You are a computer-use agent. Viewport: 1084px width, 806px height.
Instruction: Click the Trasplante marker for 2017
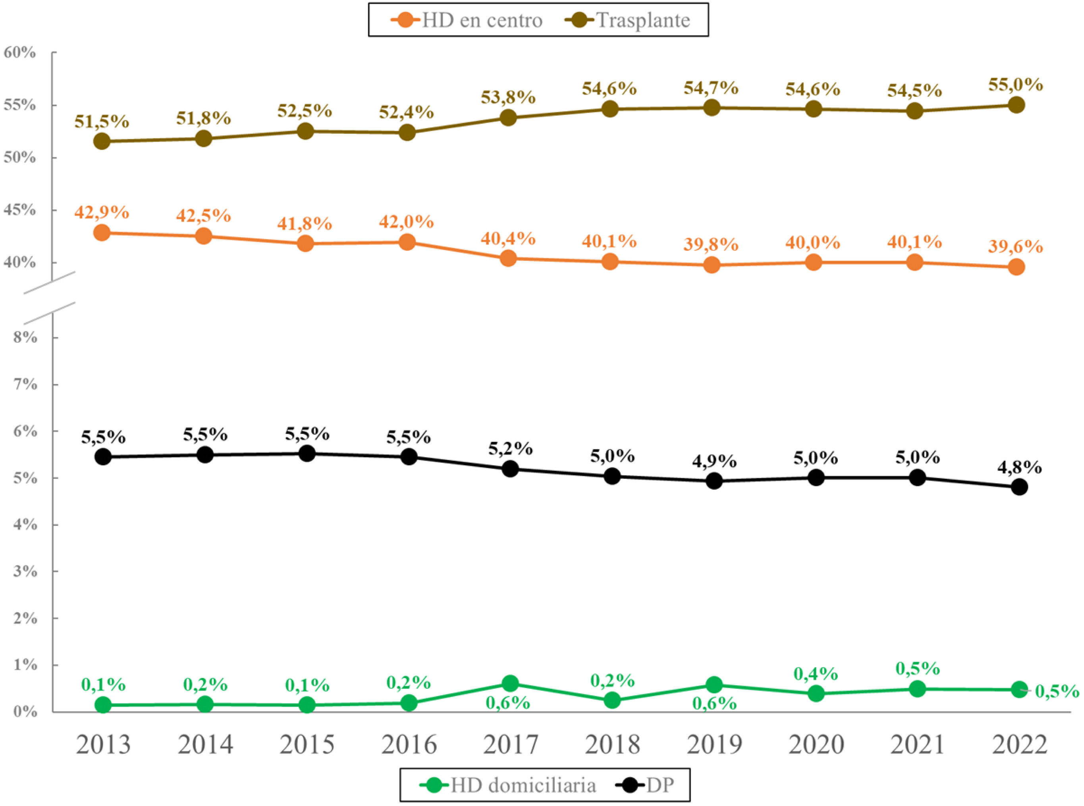click(x=508, y=118)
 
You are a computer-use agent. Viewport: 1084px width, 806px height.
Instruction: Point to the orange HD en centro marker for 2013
click(x=102, y=232)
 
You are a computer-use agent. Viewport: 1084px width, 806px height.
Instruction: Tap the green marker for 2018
click(x=612, y=700)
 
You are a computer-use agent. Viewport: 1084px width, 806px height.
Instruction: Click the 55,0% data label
click(x=1016, y=85)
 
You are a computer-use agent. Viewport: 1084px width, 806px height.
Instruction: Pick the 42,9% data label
click(x=102, y=212)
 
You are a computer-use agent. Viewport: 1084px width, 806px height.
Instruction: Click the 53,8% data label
click(x=508, y=98)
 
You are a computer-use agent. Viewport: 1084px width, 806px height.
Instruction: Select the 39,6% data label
click(x=1016, y=247)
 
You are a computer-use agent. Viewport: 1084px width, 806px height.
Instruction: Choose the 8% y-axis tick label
click(x=25, y=337)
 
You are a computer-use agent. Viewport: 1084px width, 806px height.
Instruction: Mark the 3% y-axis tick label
click(x=25, y=571)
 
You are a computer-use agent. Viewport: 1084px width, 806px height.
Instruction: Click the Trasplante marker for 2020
click(x=813, y=109)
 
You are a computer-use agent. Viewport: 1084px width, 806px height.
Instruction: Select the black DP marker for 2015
click(x=307, y=454)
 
